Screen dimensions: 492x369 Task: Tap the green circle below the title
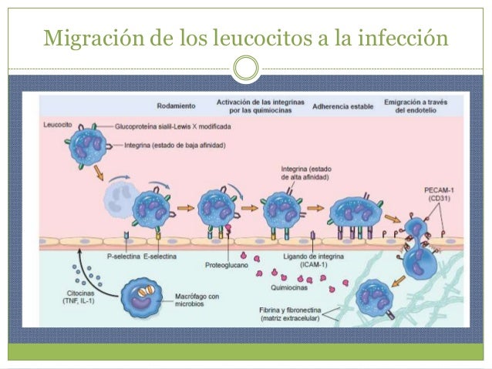pyautogui.click(x=246, y=68)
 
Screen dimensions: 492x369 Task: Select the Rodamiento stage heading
pyautogui.click(x=176, y=106)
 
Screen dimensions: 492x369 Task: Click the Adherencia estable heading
pyautogui.click(x=342, y=106)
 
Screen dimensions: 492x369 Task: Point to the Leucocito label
pyautogui.click(x=58, y=125)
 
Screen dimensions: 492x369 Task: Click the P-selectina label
pyautogui.click(x=123, y=257)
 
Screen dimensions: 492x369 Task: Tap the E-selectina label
pyautogui.click(x=160, y=257)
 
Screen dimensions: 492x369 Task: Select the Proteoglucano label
pyautogui.click(x=227, y=265)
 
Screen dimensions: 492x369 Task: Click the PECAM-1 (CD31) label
pyautogui.click(x=439, y=194)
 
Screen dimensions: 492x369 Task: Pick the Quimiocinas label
pyautogui.click(x=289, y=287)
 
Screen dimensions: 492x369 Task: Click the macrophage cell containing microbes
pyautogui.click(x=142, y=297)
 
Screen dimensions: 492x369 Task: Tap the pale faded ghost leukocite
pyautogui.click(x=121, y=200)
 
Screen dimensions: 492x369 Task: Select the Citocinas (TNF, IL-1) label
pyautogui.click(x=79, y=297)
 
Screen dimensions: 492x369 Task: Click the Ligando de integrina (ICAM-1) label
pyautogui.click(x=313, y=260)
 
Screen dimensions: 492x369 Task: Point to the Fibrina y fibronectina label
pyautogui.click(x=290, y=314)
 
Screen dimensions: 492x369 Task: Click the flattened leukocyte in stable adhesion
pyautogui.click(x=356, y=210)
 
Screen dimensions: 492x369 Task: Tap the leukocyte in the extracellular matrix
pyautogui.click(x=374, y=297)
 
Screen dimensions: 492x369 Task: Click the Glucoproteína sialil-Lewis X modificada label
pyautogui.click(x=173, y=126)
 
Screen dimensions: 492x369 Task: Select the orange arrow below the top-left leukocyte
pyautogui.click(x=99, y=173)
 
